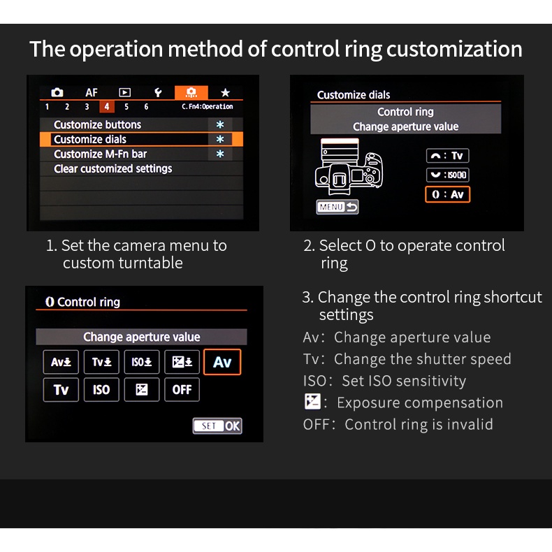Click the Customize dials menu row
pos(140,139)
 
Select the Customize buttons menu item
pos(140,124)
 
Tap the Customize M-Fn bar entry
pos(140,154)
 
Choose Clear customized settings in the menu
pos(140,168)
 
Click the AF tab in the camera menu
pos(92,92)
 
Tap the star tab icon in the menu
pos(225,92)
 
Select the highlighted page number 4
pos(107,107)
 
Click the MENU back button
pos(337,207)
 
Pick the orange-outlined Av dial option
pos(447,194)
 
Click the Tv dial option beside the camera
pos(447,156)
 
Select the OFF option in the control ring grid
pos(182,390)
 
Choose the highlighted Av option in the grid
pos(222,362)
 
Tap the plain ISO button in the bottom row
pos(101,390)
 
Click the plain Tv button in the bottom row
pos(61,390)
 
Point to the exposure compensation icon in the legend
pos(312,402)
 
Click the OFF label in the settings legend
pos(316,424)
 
